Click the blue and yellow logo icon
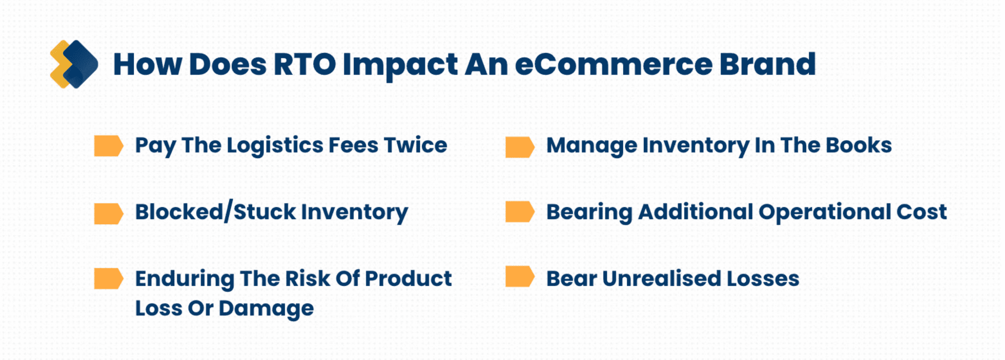point(74,64)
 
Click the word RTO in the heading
point(304,64)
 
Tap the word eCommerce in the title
point(614,64)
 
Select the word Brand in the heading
point(767,64)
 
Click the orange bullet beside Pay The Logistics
point(108,146)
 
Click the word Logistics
point(275,146)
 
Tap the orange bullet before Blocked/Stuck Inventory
point(108,213)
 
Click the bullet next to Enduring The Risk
point(108,279)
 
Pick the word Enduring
point(185,279)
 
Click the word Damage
point(266,308)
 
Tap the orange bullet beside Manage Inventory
point(520,147)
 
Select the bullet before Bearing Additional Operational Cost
point(520,211)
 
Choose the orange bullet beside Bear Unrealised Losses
point(520,277)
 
